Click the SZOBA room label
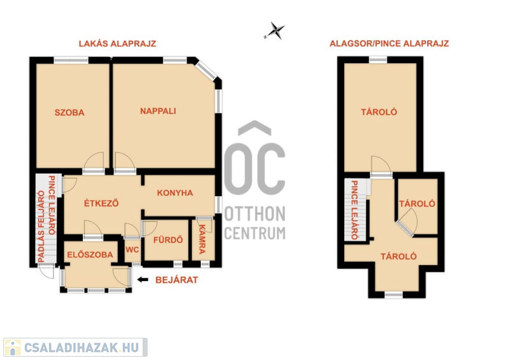pos(69,113)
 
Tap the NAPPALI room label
pos(158,112)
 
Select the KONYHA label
pos(175,193)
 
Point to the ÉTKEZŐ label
pos(101,203)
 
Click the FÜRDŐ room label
pos(168,240)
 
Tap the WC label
pos(132,250)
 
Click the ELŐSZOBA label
pos(90,255)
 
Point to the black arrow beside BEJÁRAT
pos(143,280)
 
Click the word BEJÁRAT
pos(177,280)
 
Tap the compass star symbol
pos(275,31)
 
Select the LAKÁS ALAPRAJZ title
pos(117,43)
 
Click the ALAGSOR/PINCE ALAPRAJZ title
pos(390,43)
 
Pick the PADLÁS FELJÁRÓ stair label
pos(41,226)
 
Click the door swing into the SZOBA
pos(94,161)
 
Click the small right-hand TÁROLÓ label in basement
pos(418,204)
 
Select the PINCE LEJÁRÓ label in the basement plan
pos(354,210)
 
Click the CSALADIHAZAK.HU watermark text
pos(82,348)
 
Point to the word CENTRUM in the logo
pos(255,233)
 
